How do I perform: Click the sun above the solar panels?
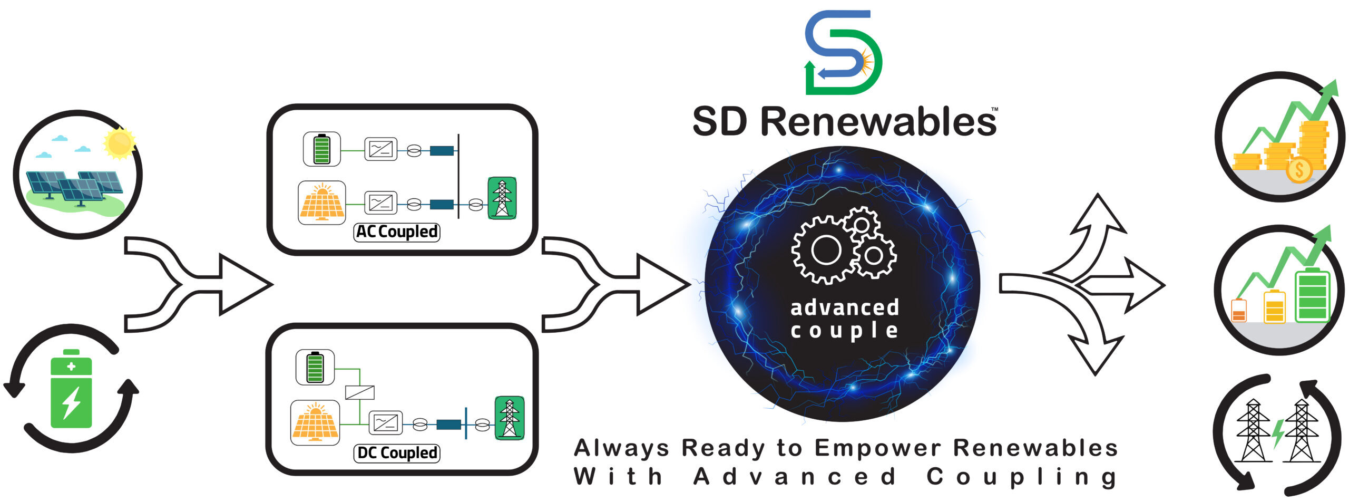click(120, 142)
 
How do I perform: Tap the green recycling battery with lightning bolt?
click(71, 389)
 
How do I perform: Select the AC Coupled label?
click(397, 232)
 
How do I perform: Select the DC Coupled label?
click(397, 453)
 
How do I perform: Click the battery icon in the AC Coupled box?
click(321, 149)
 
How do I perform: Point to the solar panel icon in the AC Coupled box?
click(321, 203)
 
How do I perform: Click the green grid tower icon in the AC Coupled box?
click(502, 198)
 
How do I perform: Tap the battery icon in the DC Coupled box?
click(315, 367)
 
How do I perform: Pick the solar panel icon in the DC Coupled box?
click(315, 422)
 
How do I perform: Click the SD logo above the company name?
click(843, 52)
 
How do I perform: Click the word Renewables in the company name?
click(878, 122)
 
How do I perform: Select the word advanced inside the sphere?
click(845, 307)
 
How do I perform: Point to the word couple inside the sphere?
click(844, 331)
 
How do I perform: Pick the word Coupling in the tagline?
click(1022, 477)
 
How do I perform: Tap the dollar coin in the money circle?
click(1299, 170)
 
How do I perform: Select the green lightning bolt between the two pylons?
click(1278, 433)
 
